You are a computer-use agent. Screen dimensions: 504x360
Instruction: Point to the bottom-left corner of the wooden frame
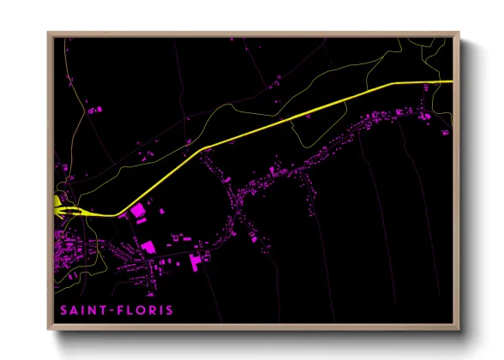(x=49, y=329)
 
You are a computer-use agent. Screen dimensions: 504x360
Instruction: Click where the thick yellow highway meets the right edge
(x=451, y=81)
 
